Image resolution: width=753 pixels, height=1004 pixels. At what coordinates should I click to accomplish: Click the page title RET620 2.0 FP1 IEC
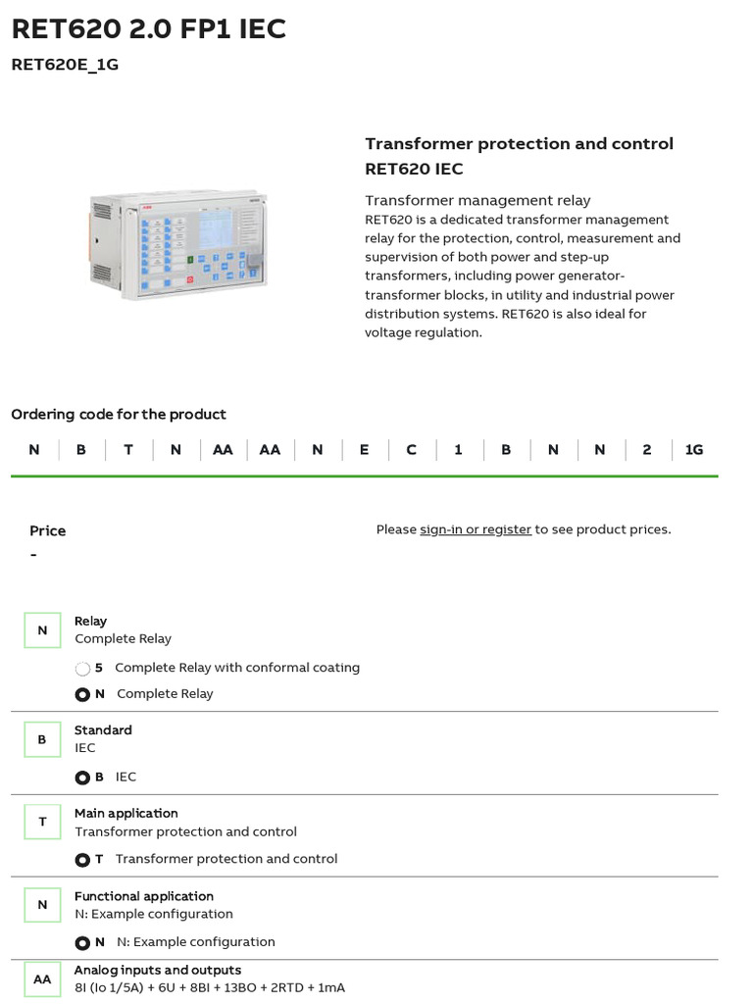click(x=149, y=29)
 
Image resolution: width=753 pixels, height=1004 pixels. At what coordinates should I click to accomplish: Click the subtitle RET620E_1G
click(x=65, y=66)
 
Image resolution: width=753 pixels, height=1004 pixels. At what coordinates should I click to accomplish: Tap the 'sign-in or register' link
click(x=476, y=529)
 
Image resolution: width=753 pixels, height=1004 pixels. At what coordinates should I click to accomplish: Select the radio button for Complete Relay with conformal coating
click(x=82, y=669)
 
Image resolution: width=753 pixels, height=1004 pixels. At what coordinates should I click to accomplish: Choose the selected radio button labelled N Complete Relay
click(x=82, y=694)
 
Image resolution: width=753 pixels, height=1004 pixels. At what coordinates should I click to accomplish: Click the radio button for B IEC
click(x=82, y=778)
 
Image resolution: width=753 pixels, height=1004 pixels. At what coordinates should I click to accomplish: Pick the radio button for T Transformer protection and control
click(x=82, y=860)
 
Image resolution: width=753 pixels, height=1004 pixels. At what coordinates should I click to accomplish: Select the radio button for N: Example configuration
click(x=82, y=943)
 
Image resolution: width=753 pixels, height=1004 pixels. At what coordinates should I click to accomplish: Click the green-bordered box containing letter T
click(x=42, y=822)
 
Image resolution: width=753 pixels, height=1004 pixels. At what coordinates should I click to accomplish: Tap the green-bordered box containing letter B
click(x=42, y=739)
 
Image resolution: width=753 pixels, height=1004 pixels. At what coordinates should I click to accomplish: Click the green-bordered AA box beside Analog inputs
click(x=42, y=979)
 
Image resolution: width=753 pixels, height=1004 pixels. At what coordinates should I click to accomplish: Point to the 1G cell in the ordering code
click(x=694, y=450)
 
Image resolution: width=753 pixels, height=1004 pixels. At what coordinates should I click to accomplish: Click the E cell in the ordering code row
click(x=365, y=450)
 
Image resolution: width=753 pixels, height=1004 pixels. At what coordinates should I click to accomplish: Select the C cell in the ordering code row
click(x=412, y=450)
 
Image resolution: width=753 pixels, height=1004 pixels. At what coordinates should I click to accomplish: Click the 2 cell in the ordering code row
click(x=647, y=450)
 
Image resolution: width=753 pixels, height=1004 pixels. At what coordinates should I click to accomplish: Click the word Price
click(x=48, y=530)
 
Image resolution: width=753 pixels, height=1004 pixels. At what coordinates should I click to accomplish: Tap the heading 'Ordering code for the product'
click(x=119, y=415)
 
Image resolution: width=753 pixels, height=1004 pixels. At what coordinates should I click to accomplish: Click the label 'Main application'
click(x=126, y=813)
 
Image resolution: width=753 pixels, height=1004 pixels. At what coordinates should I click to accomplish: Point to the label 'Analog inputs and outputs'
click(x=158, y=970)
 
